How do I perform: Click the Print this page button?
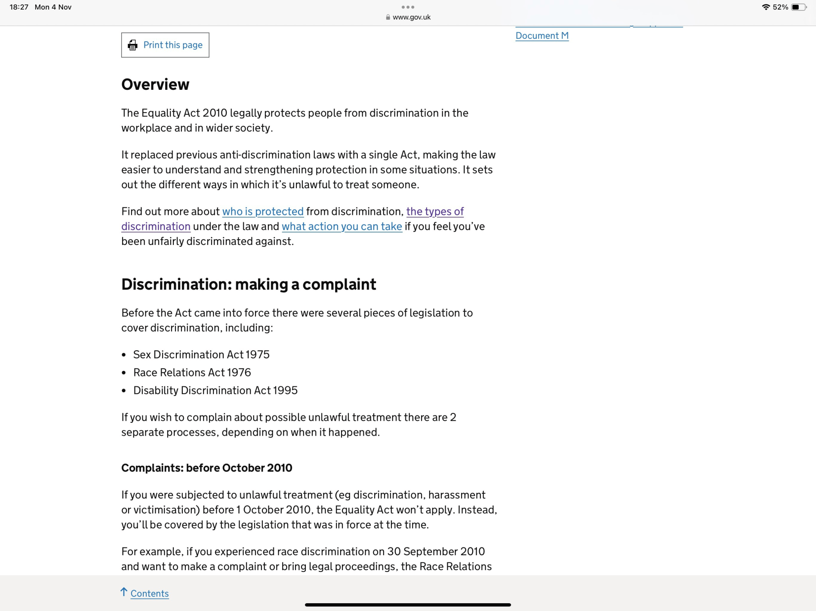pos(165,45)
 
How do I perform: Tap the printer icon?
pos(132,45)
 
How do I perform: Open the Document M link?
pos(542,36)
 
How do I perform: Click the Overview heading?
pos(155,85)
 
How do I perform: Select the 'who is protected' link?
pos(263,211)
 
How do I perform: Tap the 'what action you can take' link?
pos(342,226)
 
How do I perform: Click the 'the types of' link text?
pos(435,211)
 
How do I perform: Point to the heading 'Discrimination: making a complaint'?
pos(249,284)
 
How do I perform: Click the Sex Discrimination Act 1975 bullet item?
pos(201,354)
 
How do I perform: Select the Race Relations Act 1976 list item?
pos(192,373)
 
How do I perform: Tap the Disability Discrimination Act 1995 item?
pos(215,391)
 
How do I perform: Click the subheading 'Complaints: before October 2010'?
pos(206,468)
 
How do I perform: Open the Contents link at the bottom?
pos(150,593)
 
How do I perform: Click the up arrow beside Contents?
pos(124,592)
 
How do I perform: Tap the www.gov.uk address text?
pos(411,17)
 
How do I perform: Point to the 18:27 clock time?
pos(19,7)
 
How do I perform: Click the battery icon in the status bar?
pos(799,7)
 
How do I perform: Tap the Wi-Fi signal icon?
pos(766,7)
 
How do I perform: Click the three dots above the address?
pos(408,7)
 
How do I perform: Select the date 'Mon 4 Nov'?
pos(53,7)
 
